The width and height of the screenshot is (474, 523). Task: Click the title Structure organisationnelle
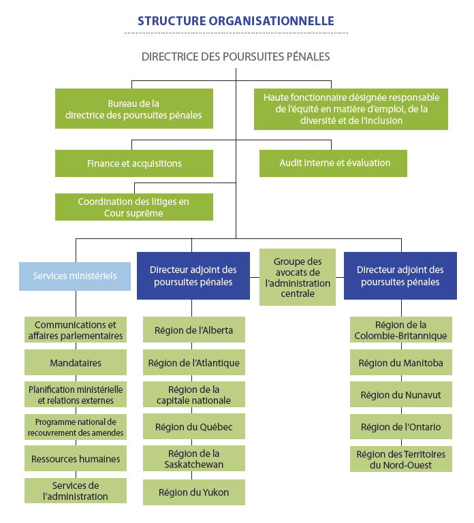236,21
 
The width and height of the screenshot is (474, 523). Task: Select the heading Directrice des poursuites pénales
236,57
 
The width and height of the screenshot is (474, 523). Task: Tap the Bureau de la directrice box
133,109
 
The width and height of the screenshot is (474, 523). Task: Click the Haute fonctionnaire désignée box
351,109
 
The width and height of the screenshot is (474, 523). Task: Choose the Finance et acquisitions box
133,163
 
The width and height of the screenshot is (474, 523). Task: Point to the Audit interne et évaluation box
333,163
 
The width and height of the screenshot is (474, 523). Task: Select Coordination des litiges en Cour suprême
133,207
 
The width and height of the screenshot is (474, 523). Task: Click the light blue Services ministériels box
75,276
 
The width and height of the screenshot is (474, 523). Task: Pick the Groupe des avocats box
298,276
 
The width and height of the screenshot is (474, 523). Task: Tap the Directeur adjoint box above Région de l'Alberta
193,276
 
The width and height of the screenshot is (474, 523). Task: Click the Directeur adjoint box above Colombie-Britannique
400,276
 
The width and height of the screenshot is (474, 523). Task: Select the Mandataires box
76,363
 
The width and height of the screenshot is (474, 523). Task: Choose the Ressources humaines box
76,459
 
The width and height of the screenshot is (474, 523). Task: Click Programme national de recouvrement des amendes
76,427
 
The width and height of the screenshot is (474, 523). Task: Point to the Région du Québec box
193,427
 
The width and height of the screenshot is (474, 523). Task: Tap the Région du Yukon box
193,492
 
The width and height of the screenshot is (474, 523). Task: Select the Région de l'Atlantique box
193,363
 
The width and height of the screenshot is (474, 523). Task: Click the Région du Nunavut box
400,395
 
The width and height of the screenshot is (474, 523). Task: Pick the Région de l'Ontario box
400,427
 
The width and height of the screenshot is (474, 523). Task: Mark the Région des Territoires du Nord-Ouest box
400,459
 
